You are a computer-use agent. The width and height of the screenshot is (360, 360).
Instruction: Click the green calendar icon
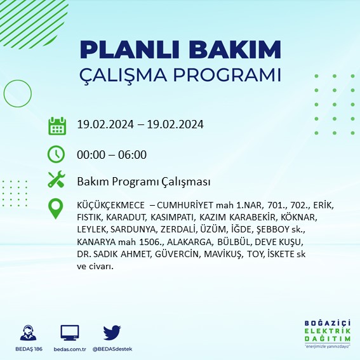click(57, 126)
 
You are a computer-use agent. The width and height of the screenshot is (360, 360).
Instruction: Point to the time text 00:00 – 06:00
click(112, 154)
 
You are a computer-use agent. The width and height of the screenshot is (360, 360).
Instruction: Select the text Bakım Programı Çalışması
click(143, 182)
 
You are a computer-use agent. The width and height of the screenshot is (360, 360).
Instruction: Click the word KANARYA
click(96, 243)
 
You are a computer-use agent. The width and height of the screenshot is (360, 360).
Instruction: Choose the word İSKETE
click(276, 254)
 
